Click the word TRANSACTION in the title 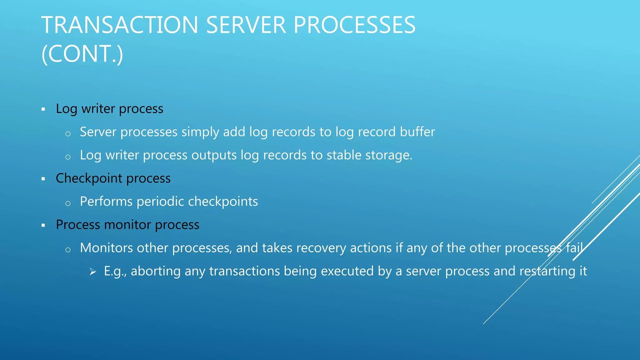pyautogui.click(x=120, y=25)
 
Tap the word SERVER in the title pyautogui.click(x=246, y=25)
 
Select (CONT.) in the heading pyautogui.click(x=82, y=54)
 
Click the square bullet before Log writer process pyautogui.click(x=43, y=109)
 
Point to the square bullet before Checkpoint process pyautogui.click(x=43, y=179)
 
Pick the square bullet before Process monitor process pyautogui.click(x=43, y=225)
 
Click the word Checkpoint pyautogui.click(x=89, y=178)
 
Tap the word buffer pyautogui.click(x=417, y=132)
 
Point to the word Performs pyautogui.click(x=106, y=202)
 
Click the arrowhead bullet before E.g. pyautogui.click(x=93, y=272)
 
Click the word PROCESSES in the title pyautogui.click(x=354, y=25)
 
